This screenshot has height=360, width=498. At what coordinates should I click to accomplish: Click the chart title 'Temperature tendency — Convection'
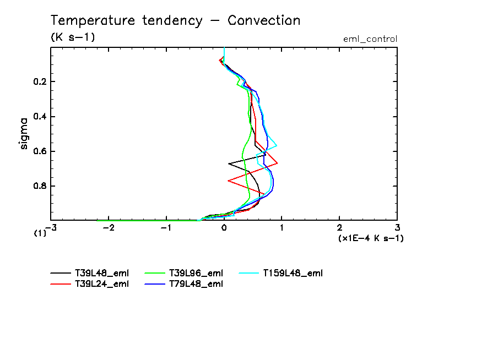coord(175,21)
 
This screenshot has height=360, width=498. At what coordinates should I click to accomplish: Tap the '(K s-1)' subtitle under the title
coord(73,37)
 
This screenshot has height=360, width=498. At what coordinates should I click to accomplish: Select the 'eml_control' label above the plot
coord(370,39)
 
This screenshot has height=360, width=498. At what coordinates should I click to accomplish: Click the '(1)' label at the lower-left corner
coord(40,233)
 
